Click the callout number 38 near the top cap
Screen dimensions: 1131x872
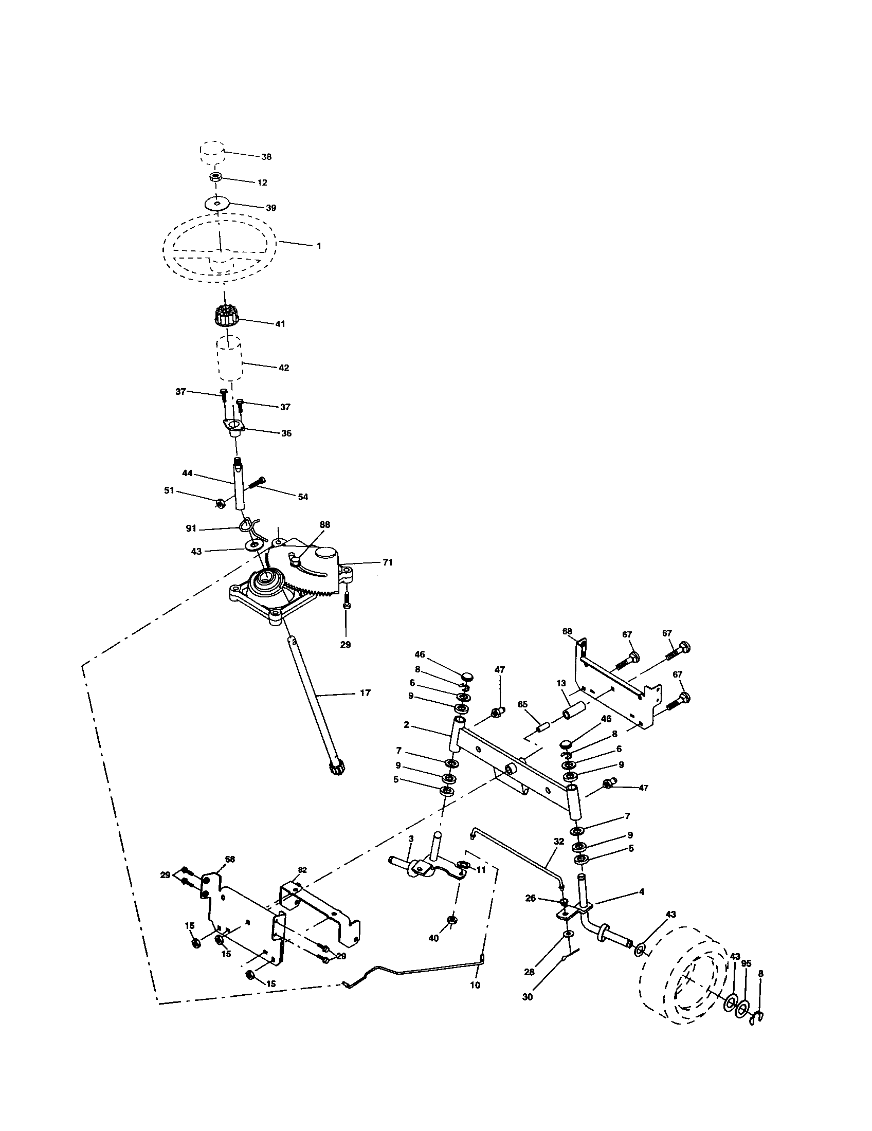(266, 157)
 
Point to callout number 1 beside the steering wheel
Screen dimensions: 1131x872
(319, 246)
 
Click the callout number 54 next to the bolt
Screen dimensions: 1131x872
(303, 497)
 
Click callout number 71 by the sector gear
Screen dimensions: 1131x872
(388, 562)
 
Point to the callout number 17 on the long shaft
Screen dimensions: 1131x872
(365, 693)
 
